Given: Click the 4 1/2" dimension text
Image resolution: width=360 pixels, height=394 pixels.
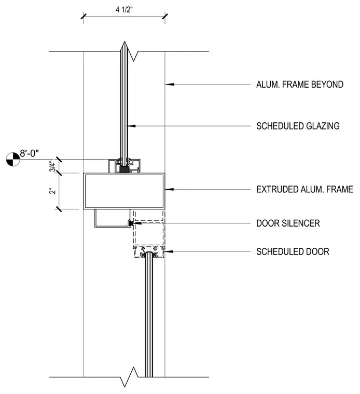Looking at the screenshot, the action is pyautogui.click(x=124, y=10).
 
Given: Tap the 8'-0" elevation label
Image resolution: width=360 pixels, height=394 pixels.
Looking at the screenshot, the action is pyautogui.click(x=29, y=153).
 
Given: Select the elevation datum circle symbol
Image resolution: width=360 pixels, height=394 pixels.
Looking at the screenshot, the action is pyautogui.click(x=13, y=159).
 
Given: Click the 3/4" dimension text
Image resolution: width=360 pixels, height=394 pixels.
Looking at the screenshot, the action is pyautogui.click(x=52, y=166).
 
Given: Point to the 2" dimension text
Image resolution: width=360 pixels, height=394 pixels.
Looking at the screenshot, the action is pyautogui.click(x=52, y=191).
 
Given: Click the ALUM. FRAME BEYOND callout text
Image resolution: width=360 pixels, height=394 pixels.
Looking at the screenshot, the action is pyautogui.click(x=300, y=85).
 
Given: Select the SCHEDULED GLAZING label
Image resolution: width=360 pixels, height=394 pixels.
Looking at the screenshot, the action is pyautogui.click(x=298, y=126).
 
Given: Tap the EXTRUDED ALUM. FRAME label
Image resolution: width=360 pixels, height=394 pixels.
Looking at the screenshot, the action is pyautogui.click(x=304, y=189).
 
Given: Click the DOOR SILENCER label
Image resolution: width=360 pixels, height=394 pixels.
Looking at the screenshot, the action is pyautogui.click(x=288, y=223).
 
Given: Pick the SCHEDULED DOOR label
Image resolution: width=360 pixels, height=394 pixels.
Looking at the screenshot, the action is pyautogui.click(x=293, y=251).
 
